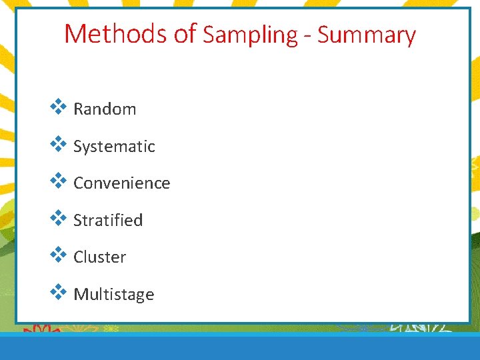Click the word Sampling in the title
pos(250,35)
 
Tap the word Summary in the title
pos(366,35)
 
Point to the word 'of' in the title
pos(185,33)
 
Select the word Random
pos(105,109)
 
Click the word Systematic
pos(114,147)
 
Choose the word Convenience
pos(122,183)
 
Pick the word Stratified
pos(108,221)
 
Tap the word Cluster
pos(99,257)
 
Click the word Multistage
pos(114,295)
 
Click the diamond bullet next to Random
pos(59,106)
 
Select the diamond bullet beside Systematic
pos(59,143)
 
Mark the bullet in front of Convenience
pos(59,180)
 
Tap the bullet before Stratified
pos(59,217)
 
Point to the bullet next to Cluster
pos(59,254)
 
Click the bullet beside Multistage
pos(59,291)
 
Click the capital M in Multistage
pos(80,294)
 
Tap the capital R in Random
pos(78,109)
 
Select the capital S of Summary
pos(324,35)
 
